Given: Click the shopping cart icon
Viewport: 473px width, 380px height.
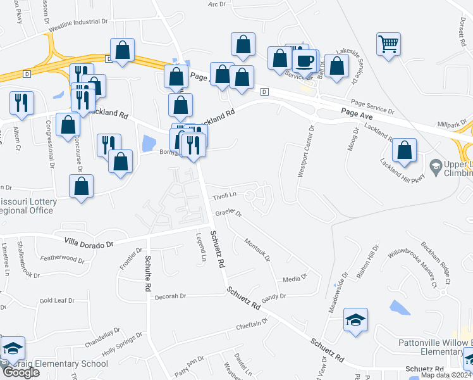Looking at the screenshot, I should click(x=388, y=44).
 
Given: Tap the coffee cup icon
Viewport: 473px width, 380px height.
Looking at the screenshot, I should click(x=306, y=61).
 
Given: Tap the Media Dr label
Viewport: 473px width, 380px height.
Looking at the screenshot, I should click(x=295, y=278).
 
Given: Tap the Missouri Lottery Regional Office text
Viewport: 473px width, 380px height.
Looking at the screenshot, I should click(x=28, y=206).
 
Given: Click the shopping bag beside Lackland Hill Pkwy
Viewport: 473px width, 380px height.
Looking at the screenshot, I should click(x=404, y=151).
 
